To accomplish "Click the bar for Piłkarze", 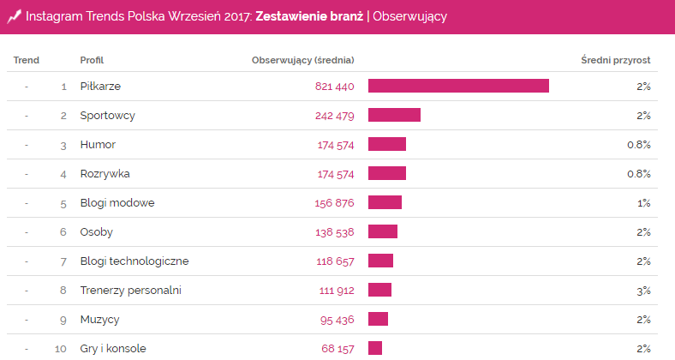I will click(x=458, y=86).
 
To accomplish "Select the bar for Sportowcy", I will click(x=394, y=115).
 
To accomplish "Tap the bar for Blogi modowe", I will click(x=385, y=202).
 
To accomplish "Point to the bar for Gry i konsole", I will click(x=375, y=348).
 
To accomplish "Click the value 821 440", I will click(x=334, y=87).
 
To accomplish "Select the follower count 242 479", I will click(x=334, y=116).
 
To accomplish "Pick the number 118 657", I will click(x=335, y=261).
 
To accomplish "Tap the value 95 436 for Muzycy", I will click(x=337, y=319).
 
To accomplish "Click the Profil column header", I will click(x=92, y=60).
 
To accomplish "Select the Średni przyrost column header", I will click(x=615, y=60).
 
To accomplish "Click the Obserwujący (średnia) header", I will click(x=302, y=60).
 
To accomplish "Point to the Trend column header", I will click(x=27, y=60).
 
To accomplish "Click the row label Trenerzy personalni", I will click(x=130, y=290).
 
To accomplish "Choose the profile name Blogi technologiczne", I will click(x=134, y=261).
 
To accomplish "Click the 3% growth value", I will click(x=643, y=290).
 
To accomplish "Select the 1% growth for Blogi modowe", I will click(x=643, y=202).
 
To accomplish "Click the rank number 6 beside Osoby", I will click(x=63, y=231).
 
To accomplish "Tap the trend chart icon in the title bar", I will click(x=15, y=15).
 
